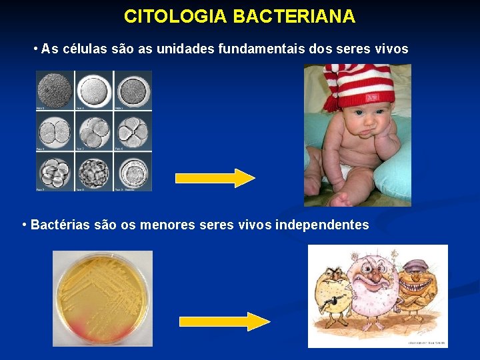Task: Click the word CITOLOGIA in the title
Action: (x=175, y=17)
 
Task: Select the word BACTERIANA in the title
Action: (x=294, y=17)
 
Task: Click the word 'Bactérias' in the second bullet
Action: (x=59, y=225)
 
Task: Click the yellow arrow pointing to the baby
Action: (x=215, y=178)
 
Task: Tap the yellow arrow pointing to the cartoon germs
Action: (x=225, y=321)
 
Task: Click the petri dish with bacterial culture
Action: (x=103, y=298)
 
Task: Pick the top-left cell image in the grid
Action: (x=54, y=89)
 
